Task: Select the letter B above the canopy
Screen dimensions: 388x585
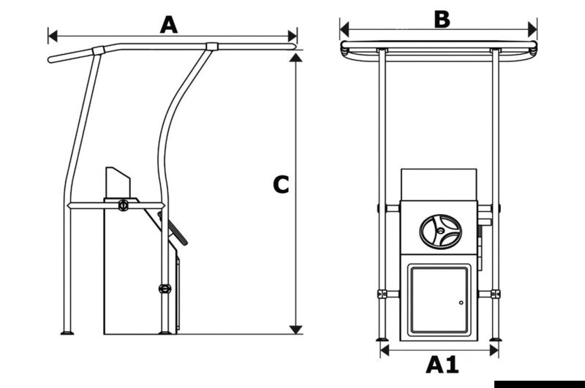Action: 442,19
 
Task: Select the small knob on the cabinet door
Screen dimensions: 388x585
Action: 461,303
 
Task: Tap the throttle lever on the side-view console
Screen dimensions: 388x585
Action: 178,234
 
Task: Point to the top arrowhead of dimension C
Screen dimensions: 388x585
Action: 295,56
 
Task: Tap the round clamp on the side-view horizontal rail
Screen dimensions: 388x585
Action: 123,205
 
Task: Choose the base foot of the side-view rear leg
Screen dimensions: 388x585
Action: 68,334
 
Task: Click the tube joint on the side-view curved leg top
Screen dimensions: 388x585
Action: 211,47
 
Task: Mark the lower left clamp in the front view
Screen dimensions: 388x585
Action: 381,294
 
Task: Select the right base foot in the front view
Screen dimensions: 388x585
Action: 497,338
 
